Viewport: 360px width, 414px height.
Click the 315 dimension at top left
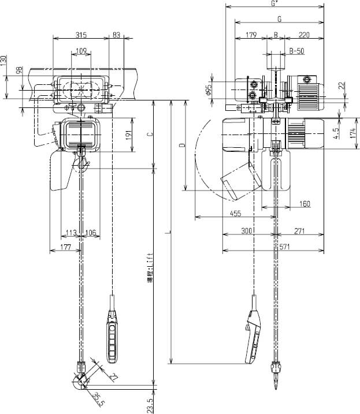pyautogui.click(x=80, y=35)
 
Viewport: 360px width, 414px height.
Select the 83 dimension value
pyautogui.click(x=116, y=35)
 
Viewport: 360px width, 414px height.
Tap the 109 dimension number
pyautogui.click(x=81, y=51)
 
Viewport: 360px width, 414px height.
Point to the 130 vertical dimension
pyautogui.click(x=3, y=60)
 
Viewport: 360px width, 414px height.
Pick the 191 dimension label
pyautogui.click(x=128, y=135)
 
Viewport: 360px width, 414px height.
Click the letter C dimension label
pyautogui.click(x=150, y=135)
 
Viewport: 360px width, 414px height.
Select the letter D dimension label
pyautogui.click(x=181, y=147)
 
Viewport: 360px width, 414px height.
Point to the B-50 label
pyautogui.click(x=296, y=51)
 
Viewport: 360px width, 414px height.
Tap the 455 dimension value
pyautogui.click(x=235, y=214)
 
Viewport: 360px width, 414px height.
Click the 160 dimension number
pyautogui.click(x=305, y=204)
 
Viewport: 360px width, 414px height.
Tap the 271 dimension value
pyautogui.click(x=299, y=232)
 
